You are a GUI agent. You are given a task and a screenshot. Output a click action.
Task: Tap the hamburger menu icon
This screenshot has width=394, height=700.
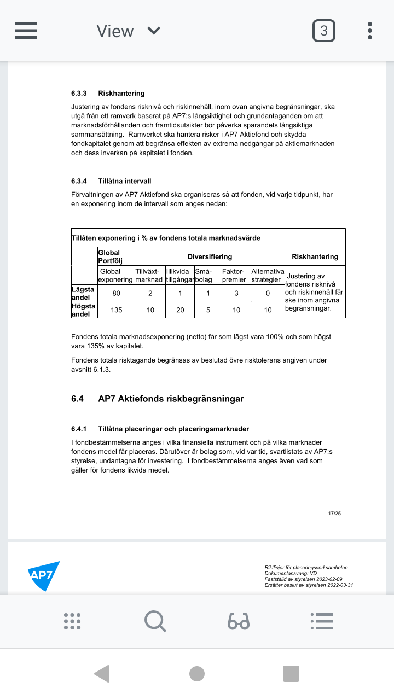[26, 31]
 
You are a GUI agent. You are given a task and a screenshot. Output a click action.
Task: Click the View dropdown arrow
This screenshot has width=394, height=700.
[154, 31]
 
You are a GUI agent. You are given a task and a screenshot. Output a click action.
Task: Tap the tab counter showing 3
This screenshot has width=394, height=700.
[324, 31]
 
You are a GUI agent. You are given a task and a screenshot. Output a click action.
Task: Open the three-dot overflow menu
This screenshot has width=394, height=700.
[370, 31]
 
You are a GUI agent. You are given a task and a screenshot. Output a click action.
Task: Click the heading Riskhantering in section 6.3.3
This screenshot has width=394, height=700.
[121, 93]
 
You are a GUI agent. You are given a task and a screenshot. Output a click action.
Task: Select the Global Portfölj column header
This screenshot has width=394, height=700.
[109, 256]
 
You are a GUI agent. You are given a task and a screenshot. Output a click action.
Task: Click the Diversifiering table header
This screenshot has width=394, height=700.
[210, 256]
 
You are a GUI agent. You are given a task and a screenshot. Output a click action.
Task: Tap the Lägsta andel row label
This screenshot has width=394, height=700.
[84, 293]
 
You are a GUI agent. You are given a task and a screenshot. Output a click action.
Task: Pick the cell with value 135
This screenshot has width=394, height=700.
[116, 310]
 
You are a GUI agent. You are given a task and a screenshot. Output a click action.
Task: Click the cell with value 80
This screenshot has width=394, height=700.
[116, 293]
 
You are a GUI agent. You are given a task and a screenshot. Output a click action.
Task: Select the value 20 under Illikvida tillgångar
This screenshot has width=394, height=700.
[180, 310]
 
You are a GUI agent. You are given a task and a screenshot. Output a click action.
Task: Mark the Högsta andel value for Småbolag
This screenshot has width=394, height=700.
[208, 310]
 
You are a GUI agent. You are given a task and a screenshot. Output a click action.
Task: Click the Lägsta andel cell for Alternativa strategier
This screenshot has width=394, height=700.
[268, 293]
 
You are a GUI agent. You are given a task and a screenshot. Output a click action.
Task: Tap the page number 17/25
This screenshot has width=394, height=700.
[334, 514]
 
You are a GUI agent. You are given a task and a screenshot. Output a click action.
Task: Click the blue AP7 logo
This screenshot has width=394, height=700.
[43, 575]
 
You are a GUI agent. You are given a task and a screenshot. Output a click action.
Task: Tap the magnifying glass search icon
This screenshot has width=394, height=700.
[155, 621]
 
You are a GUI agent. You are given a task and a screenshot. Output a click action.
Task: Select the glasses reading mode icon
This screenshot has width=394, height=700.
[239, 621]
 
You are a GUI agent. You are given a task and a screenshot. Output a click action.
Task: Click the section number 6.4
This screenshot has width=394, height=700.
[77, 399]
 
